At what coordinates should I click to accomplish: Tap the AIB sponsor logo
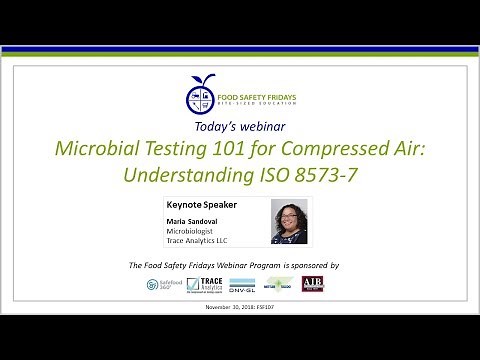click(x=312, y=284)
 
